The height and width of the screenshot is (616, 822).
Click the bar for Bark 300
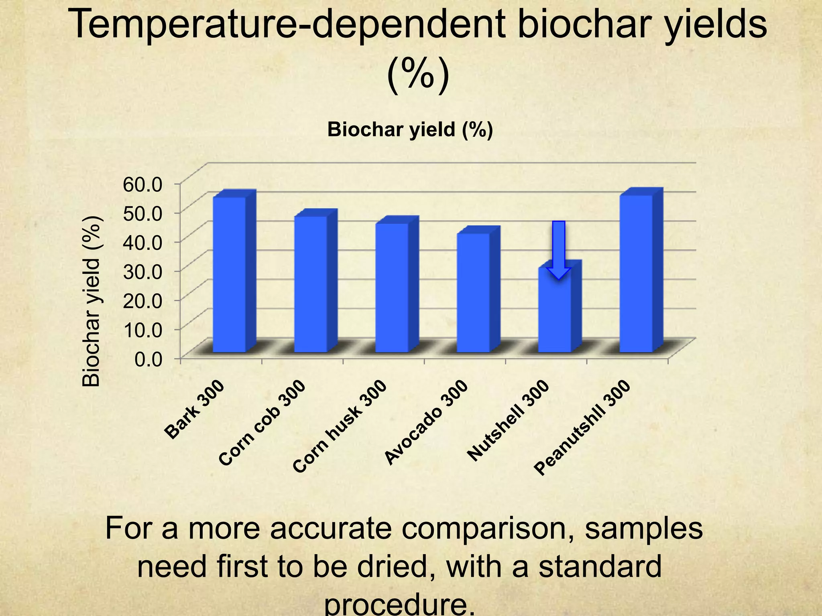[x=229, y=275]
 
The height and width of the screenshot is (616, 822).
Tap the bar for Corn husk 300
[x=392, y=288]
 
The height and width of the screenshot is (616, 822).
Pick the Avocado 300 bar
[x=474, y=293]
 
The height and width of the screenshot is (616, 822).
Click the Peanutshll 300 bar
[x=636, y=274]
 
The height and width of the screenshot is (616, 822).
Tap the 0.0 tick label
[x=148, y=359]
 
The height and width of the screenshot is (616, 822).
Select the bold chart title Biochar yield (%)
[x=410, y=130]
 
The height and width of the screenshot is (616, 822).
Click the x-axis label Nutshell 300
[x=509, y=421]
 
